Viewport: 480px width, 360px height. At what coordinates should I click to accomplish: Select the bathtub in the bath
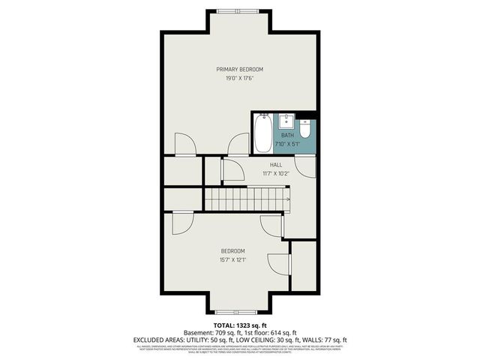pyautogui.click(x=262, y=133)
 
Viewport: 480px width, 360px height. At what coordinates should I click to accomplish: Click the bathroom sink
pyautogui.click(x=286, y=121)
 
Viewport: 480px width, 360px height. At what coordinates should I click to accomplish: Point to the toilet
pyautogui.click(x=306, y=124)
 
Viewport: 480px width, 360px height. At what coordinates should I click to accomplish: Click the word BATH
pyautogui.click(x=287, y=136)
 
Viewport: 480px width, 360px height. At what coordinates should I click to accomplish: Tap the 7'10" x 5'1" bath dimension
pyautogui.click(x=289, y=144)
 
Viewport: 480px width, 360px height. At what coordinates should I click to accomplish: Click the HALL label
pyautogui.click(x=276, y=165)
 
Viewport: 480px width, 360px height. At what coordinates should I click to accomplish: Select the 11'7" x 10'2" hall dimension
pyautogui.click(x=276, y=173)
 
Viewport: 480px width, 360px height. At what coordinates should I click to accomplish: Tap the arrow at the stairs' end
pyautogui.click(x=286, y=199)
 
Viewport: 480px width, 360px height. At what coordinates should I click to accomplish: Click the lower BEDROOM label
pyautogui.click(x=232, y=251)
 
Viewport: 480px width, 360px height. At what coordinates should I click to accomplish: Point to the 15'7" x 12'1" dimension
pyautogui.click(x=232, y=260)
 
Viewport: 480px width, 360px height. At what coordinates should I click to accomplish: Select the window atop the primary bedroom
pyautogui.click(x=239, y=10)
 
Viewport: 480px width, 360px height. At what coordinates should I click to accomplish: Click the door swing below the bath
pyautogui.click(x=304, y=165)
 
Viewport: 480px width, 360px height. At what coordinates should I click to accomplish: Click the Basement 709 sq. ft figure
pyautogui.click(x=209, y=333)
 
